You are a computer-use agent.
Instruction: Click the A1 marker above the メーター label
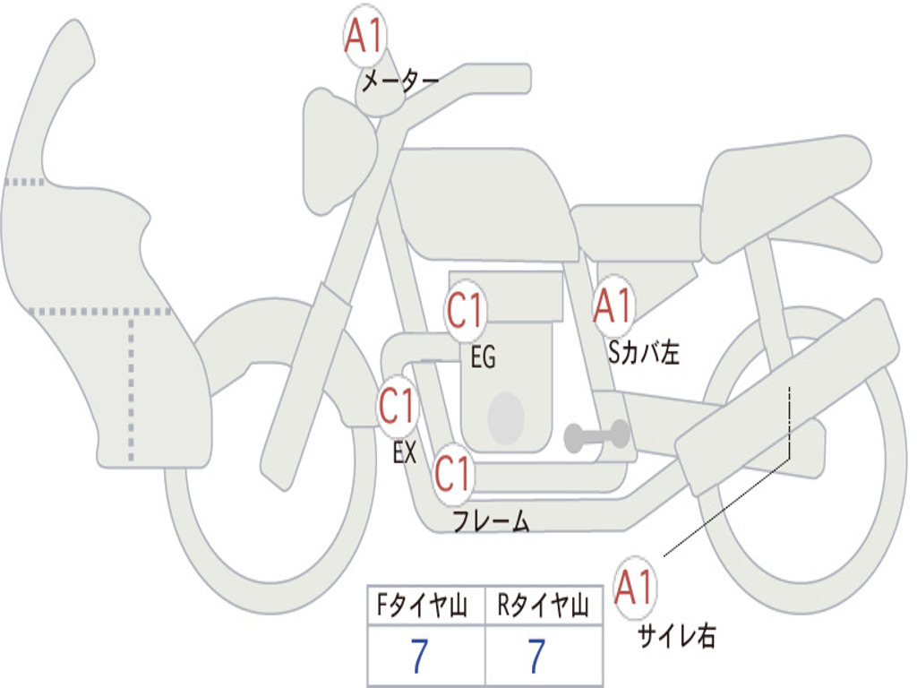364,36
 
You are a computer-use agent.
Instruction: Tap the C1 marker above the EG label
465,310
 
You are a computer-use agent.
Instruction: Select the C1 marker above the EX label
397,406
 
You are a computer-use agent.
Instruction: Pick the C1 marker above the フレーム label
452,473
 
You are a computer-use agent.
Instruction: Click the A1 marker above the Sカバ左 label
613,305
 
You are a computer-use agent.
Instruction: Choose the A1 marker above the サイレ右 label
635,588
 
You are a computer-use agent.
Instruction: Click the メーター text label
400,81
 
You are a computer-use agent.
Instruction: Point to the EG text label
483,357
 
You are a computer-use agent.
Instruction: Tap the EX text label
405,452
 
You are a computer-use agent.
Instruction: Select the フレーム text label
492,520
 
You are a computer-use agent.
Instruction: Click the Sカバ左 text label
643,352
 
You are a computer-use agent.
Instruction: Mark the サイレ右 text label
677,635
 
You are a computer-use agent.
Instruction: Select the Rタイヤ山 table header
544,605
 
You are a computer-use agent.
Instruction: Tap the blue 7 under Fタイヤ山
419,656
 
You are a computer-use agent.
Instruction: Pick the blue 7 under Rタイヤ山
537,656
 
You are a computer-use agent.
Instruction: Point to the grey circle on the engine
506,419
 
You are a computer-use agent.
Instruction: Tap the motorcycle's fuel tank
485,203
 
